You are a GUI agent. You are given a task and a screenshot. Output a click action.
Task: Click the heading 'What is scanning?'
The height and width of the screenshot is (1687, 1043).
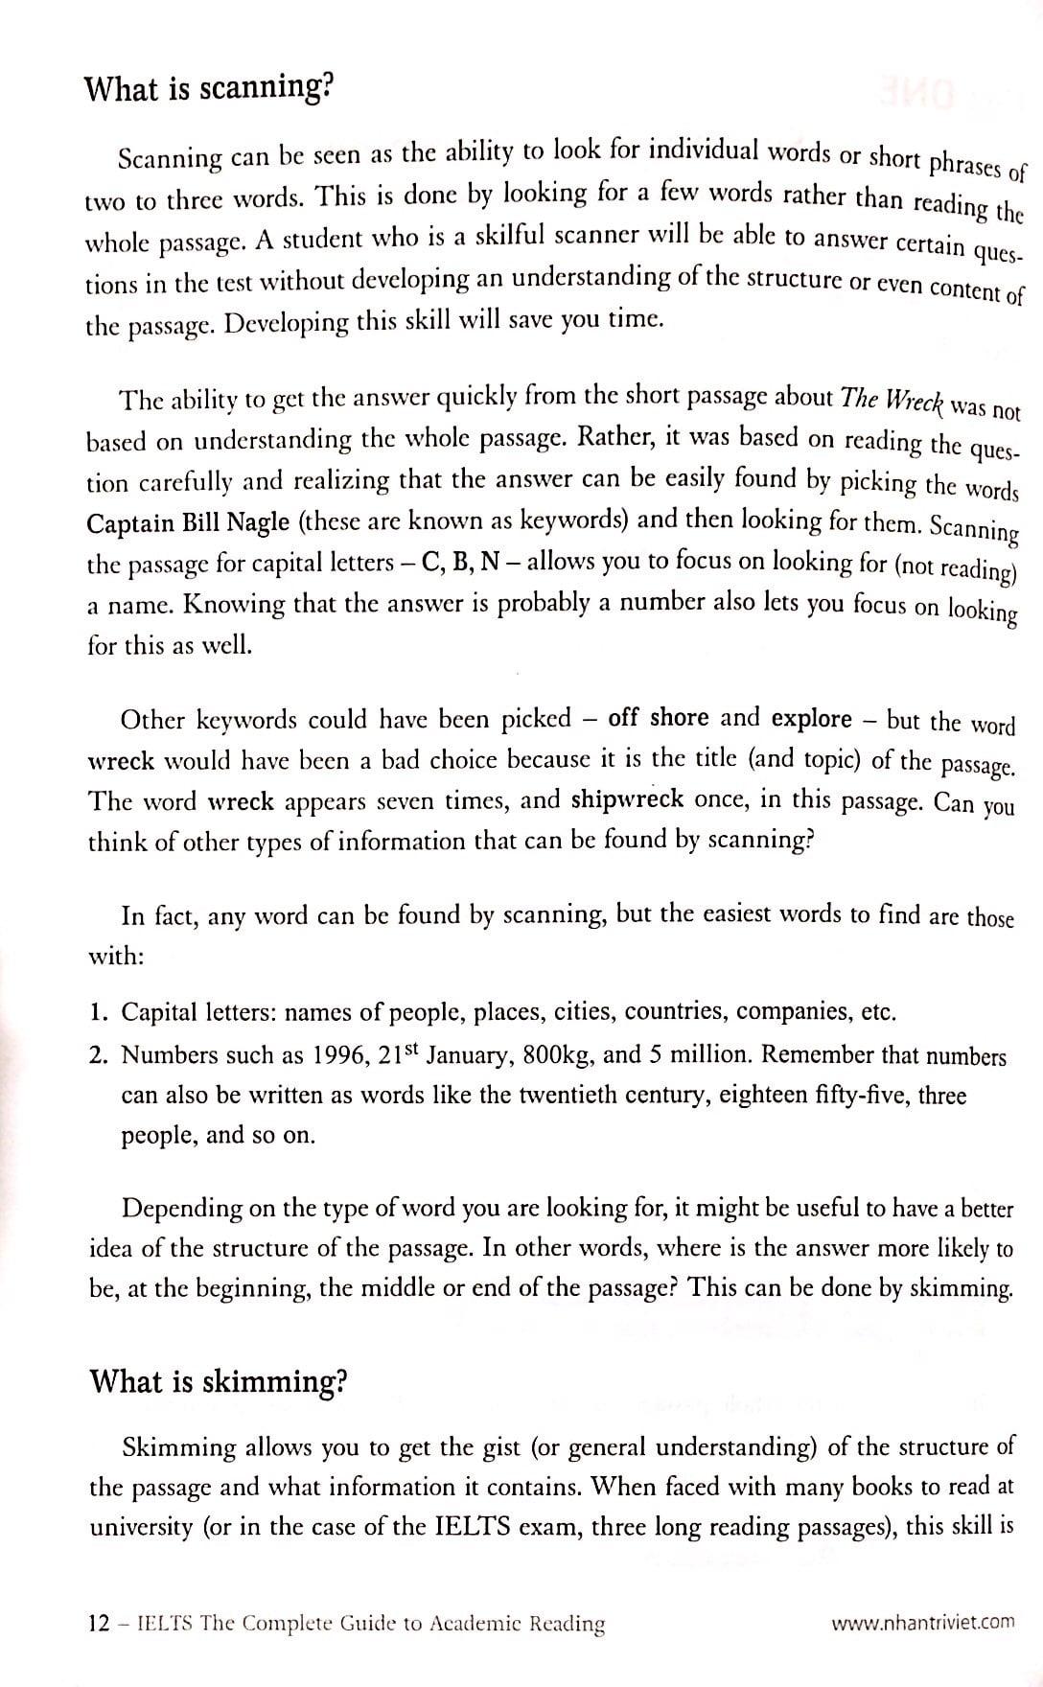point(209,89)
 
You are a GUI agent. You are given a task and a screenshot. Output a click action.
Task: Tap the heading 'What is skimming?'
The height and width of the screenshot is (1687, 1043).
point(218,1381)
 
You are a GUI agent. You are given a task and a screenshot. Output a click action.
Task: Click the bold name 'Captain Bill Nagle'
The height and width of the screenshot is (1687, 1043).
point(188,523)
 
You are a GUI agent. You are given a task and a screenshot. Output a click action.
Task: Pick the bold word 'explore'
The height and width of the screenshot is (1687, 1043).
point(812,719)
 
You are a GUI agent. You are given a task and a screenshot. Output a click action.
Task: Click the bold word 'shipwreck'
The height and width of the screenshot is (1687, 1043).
point(627,799)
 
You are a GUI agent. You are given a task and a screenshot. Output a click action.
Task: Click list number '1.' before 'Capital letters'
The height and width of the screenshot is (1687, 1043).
point(98,1012)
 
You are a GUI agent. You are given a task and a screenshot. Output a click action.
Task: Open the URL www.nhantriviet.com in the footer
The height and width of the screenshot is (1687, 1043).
point(922,1623)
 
